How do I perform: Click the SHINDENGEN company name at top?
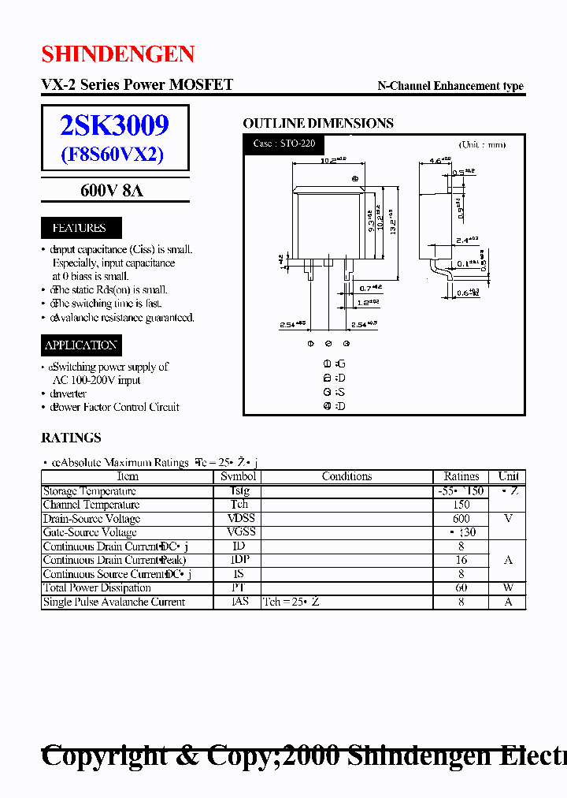118,54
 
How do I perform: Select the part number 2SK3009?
115,125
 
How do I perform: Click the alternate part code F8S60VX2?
113,154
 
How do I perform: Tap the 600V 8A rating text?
112,191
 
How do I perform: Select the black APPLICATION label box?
81,345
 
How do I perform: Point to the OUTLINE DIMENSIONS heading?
318,123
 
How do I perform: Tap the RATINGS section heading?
71,438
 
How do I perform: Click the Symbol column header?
238,476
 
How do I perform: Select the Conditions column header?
346,476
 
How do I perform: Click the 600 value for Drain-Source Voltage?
461,519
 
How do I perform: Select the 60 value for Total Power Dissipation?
461,587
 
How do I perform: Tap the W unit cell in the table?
509,587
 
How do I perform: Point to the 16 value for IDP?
461,560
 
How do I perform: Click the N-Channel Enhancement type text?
450,86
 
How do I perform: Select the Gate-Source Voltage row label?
90,532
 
